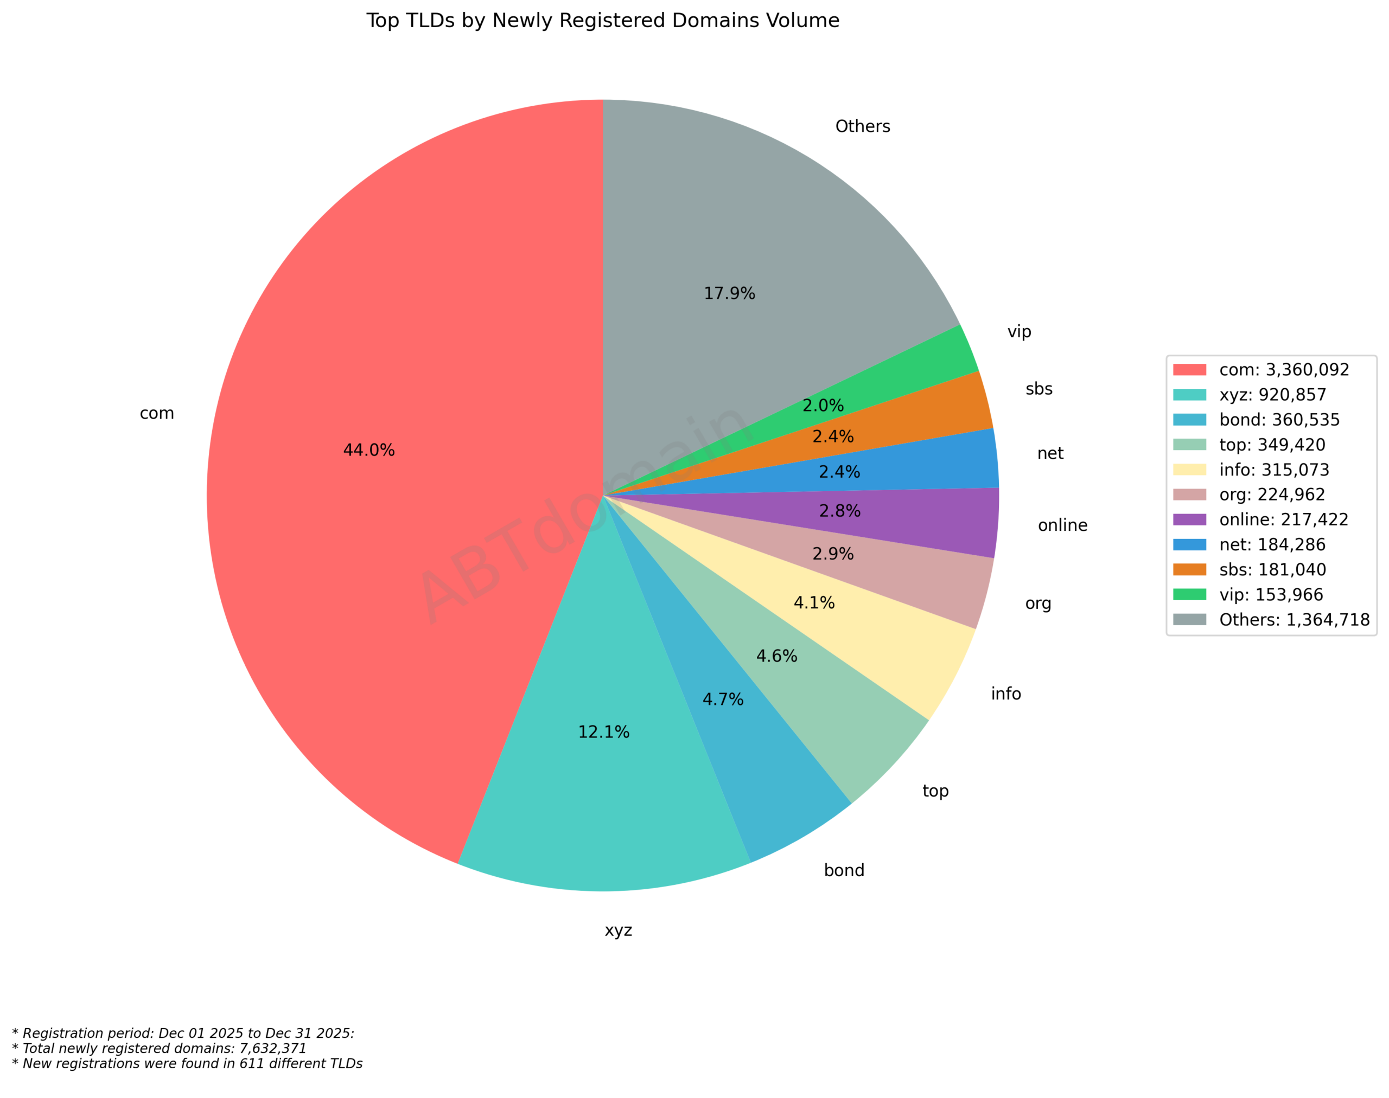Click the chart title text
click(x=602, y=21)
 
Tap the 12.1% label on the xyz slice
click(x=603, y=732)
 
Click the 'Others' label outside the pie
click(x=862, y=127)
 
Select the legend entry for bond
click(x=1279, y=420)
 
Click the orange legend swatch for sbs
click(x=1189, y=569)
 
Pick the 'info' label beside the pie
click(x=1005, y=694)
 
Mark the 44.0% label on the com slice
click(x=368, y=450)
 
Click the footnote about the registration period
click(x=183, y=1033)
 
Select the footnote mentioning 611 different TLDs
click(x=187, y=1063)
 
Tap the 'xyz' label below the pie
click(x=618, y=931)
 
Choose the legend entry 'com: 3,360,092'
click(x=1284, y=370)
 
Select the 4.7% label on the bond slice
click(x=723, y=699)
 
